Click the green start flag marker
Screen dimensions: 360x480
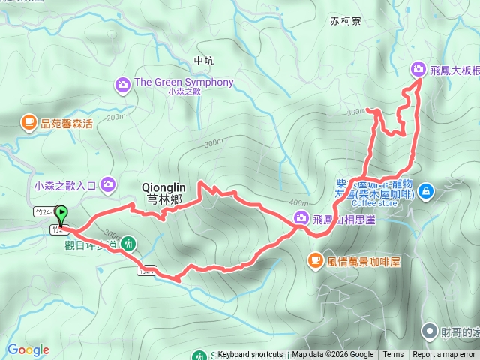point(61,214)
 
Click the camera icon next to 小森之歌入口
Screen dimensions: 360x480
point(109,183)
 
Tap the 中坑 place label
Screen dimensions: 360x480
point(203,60)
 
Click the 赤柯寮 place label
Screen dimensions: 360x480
point(345,22)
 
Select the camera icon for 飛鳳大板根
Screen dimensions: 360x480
point(418,70)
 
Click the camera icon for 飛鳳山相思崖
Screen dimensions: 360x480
point(300,217)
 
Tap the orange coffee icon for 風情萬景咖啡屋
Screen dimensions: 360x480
point(315,259)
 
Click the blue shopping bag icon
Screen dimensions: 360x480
point(426,191)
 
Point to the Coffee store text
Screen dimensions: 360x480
point(376,201)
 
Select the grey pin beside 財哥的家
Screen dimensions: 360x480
point(430,330)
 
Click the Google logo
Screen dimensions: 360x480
point(28,349)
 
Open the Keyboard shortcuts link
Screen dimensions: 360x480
point(250,355)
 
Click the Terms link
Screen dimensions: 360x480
point(393,355)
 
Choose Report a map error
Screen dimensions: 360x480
point(444,355)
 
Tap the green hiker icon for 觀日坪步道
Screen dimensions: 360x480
point(130,243)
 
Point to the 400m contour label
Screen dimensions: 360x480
point(298,203)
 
